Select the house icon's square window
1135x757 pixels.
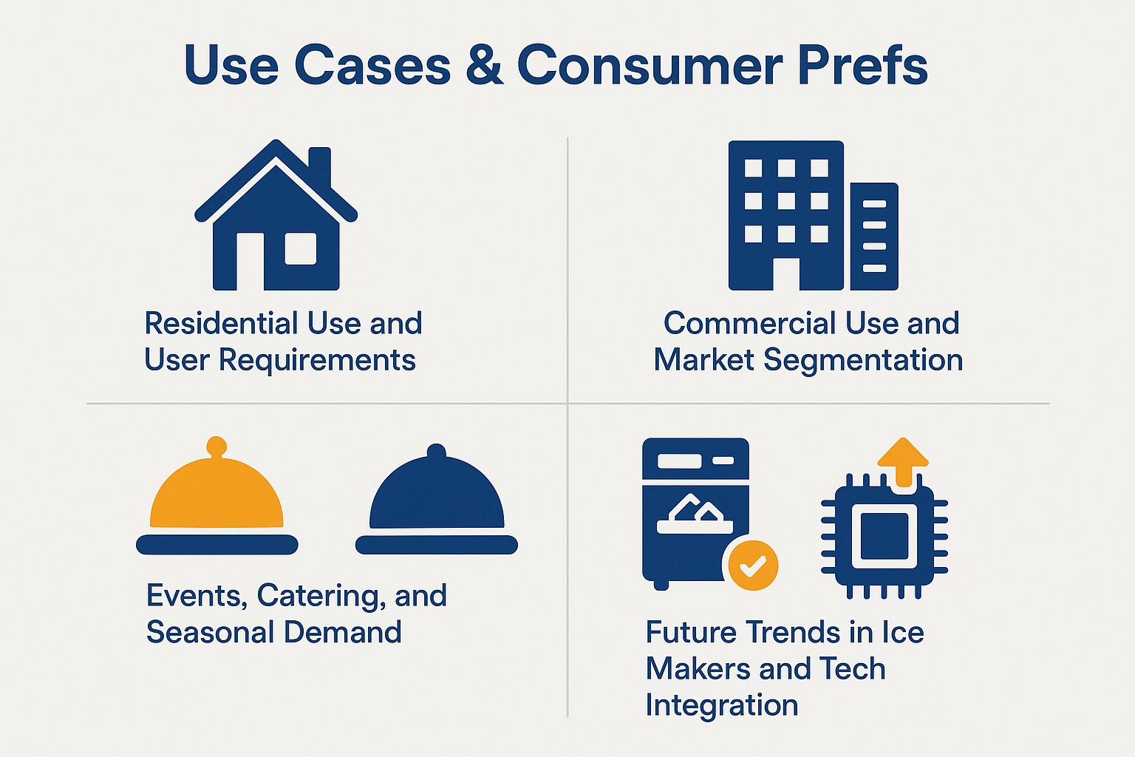coord(301,248)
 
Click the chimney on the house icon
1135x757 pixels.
coord(319,164)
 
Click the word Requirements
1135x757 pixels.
coord(317,360)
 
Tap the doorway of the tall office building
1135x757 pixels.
coord(786,274)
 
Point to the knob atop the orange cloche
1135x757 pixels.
coord(217,446)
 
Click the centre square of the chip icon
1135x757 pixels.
coord(885,536)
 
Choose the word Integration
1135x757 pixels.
coord(722,705)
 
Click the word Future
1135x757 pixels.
coord(691,632)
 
